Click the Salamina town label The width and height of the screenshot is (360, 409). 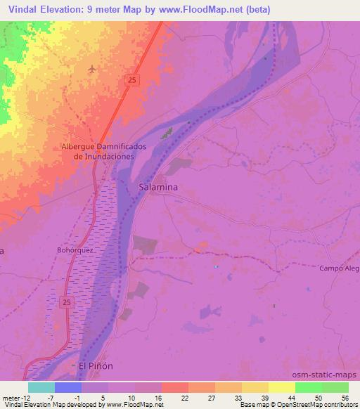[158, 188]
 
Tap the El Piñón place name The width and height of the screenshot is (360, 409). [96, 366]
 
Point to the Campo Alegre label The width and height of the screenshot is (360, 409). [339, 268]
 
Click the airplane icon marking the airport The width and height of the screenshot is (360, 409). [93, 69]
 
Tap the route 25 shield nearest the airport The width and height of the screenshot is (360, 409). [133, 81]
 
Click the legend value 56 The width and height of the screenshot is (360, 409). [345, 397]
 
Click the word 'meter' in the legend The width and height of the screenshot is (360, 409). [11, 397]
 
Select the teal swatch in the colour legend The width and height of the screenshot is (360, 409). [41, 387]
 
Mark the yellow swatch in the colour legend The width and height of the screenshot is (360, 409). [282, 387]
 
